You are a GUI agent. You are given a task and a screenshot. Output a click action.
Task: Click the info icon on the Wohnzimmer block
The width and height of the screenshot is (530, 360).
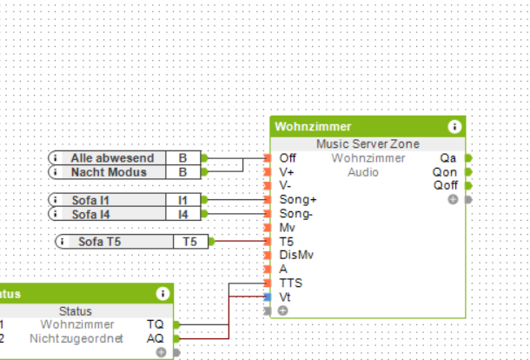[x=454, y=127]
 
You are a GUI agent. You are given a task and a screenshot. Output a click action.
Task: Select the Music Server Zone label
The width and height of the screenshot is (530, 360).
[x=368, y=143]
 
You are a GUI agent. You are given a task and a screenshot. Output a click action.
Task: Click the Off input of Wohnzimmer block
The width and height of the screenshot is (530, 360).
[x=287, y=158]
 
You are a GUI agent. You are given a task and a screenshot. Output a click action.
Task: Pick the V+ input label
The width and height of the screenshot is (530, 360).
[x=287, y=172]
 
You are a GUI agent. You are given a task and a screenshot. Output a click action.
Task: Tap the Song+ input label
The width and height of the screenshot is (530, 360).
[x=298, y=200]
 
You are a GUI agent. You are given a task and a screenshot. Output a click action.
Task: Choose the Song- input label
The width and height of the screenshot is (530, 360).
[x=297, y=214]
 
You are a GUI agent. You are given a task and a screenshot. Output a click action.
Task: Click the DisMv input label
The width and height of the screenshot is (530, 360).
[x=296, y=255]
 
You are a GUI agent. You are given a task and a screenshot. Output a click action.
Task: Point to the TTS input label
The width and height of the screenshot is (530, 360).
[x=291, y=283]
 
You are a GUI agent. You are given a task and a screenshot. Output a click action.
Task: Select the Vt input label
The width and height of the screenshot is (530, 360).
[x=285, y=297]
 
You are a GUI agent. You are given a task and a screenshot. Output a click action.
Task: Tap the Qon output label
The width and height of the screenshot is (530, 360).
[x=445, y=172]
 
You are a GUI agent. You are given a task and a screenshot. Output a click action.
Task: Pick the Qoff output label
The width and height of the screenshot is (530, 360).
[x=445, y=186]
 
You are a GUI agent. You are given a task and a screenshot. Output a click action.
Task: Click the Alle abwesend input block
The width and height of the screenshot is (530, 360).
[x=112, y=158]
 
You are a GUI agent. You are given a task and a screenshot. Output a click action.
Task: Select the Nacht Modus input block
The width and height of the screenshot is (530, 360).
[x=109, y=172]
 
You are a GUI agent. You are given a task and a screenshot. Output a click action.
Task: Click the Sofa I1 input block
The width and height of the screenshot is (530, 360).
[x=91, y=200]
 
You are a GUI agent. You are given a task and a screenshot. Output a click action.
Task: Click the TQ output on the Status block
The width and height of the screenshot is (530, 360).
[x=155, y=324]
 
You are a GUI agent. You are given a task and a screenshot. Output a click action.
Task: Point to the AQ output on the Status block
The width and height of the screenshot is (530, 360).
[x=155, y=338]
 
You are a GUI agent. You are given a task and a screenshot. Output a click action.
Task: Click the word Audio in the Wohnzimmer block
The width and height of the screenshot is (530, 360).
[x=363, y=172]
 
